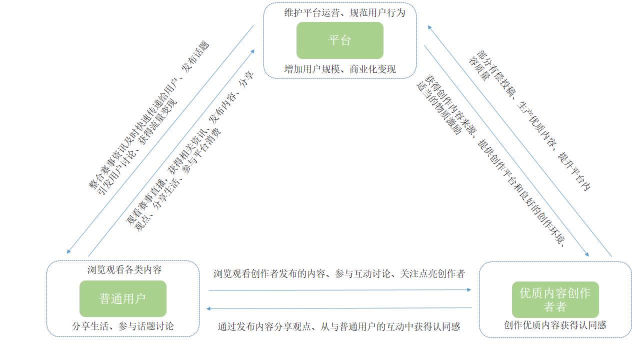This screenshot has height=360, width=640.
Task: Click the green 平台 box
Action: (x=340, y=40)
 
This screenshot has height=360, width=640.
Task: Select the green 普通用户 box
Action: (x=122, y=299)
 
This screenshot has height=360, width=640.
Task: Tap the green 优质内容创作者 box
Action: (x=555, y=299)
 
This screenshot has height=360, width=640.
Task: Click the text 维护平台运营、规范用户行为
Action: (x=344, y=13)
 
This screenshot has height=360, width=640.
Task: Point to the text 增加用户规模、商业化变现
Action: (x=340, y=69)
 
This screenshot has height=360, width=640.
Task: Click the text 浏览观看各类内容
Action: (x=124, y=270)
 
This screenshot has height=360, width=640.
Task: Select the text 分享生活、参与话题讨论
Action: (x=123, y=326)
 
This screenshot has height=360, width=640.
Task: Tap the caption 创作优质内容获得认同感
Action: (x=555, y=325)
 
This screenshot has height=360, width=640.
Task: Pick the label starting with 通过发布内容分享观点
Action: (x=338, y=326)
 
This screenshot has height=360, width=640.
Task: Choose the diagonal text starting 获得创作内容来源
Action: (x=492, y=160)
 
